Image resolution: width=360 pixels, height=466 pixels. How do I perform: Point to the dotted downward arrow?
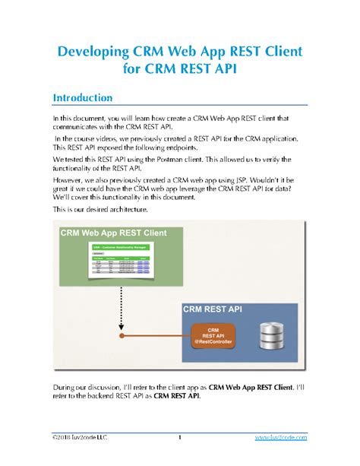click(x=120, y=310)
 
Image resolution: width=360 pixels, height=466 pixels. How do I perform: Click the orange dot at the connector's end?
click(x=120, y=334)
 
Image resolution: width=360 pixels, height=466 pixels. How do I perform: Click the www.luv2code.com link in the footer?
click(x=281, y=438)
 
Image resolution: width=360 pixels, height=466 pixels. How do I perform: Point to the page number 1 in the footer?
click(x=179, y=438)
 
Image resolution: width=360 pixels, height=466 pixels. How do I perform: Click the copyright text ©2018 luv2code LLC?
click(x=80, y=438)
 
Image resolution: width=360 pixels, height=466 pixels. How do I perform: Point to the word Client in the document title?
click(x=282, y=52)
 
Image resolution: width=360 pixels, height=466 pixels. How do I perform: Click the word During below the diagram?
click(x=67, y=387)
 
